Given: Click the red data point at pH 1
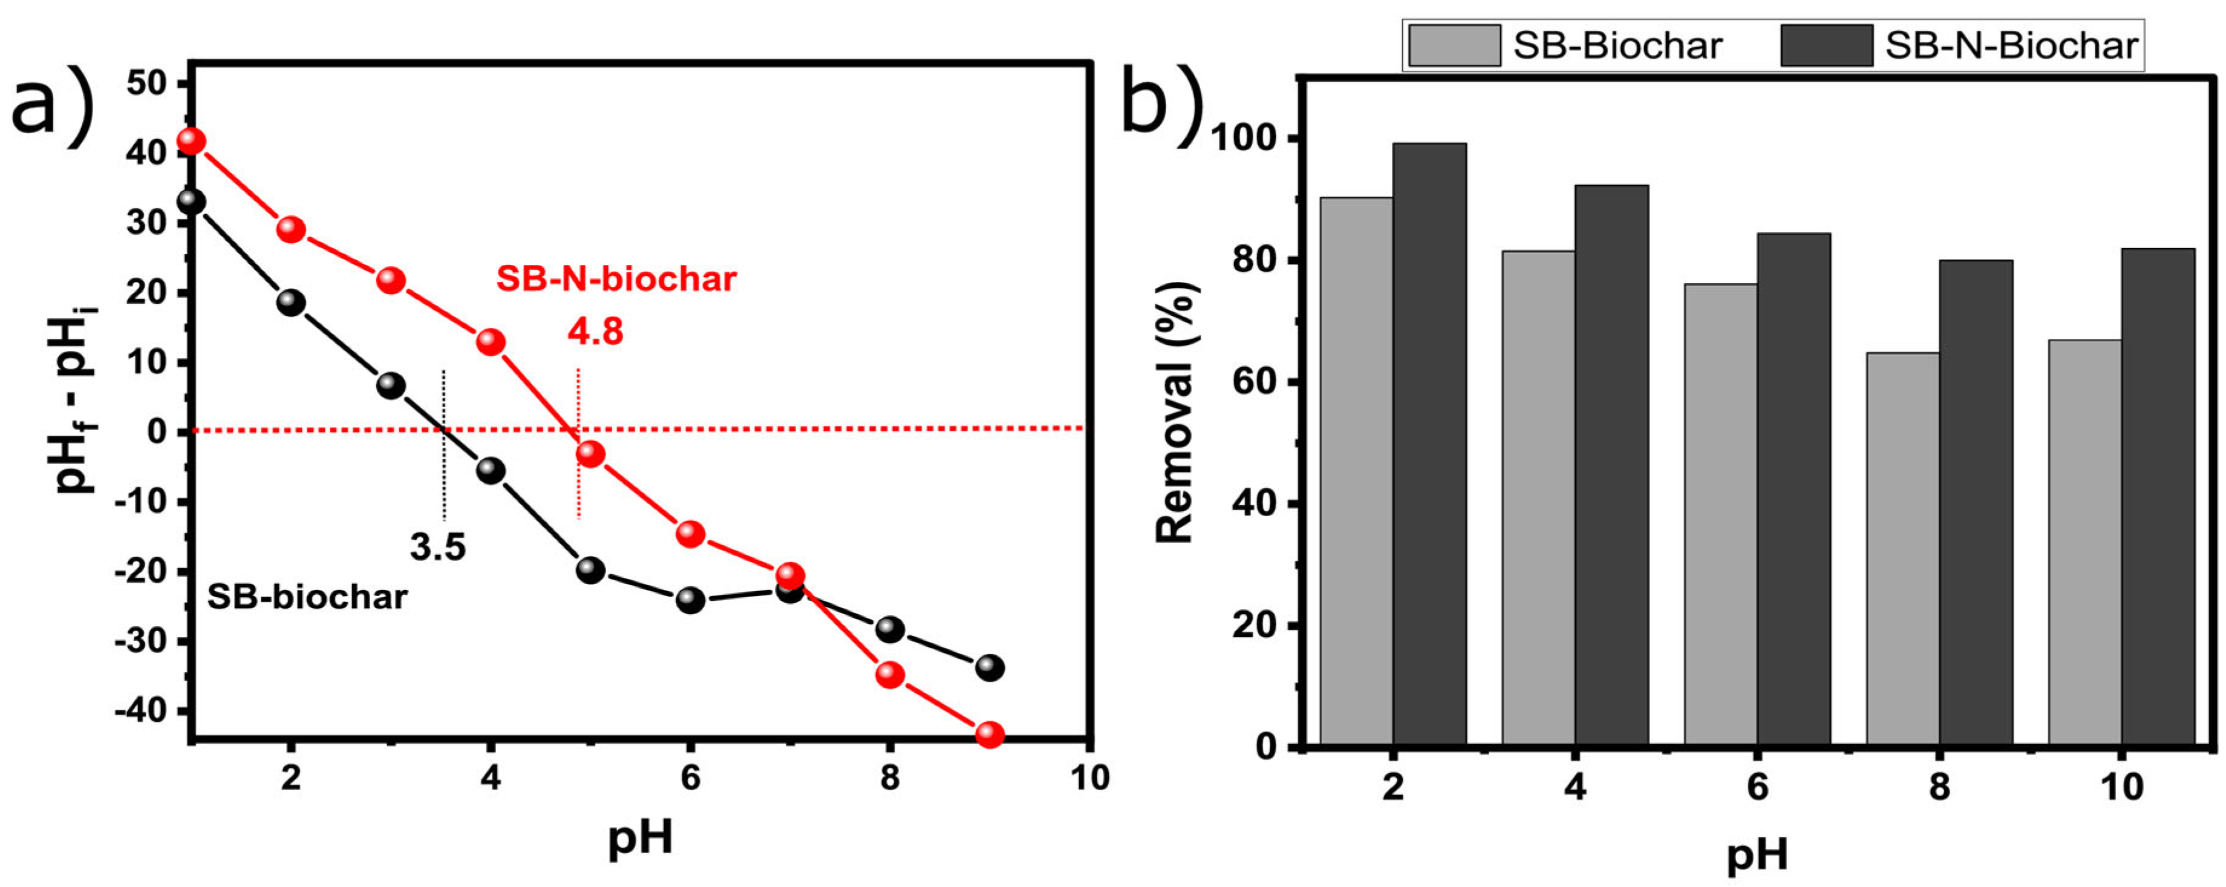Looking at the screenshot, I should tap(192, 141).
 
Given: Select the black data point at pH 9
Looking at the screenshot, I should tap(990, 667).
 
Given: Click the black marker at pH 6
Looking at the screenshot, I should tap(690, 600).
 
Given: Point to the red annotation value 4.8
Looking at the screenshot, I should tap(595, 331).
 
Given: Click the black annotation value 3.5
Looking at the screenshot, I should tap(437, 547).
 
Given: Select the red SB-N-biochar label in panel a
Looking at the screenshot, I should tap(616, 278).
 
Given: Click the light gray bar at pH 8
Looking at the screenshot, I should tap(1903, 548).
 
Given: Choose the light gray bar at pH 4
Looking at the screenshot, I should tap(1538, 497).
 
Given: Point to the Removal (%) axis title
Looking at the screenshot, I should tap(1175, 413).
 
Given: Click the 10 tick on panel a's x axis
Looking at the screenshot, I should tap(1089, 777).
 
